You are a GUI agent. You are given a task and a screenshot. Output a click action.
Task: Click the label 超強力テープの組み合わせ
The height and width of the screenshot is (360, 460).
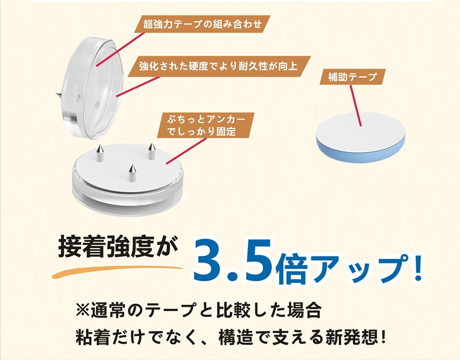coord(202,24)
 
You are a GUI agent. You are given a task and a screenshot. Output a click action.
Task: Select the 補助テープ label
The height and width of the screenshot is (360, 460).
coord(352,77)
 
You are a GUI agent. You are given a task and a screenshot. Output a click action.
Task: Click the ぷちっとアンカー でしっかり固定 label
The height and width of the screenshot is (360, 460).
coord(206,125)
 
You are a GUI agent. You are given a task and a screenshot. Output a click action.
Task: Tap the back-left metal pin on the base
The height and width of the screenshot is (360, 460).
coord(100,153)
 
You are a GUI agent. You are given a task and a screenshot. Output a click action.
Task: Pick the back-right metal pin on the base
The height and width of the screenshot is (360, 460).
coord(151,151)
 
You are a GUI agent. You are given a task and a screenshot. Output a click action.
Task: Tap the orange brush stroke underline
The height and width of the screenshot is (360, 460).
coord(117,271)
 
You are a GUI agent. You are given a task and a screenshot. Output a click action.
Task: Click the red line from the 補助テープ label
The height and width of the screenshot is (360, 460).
coord(356,106)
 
